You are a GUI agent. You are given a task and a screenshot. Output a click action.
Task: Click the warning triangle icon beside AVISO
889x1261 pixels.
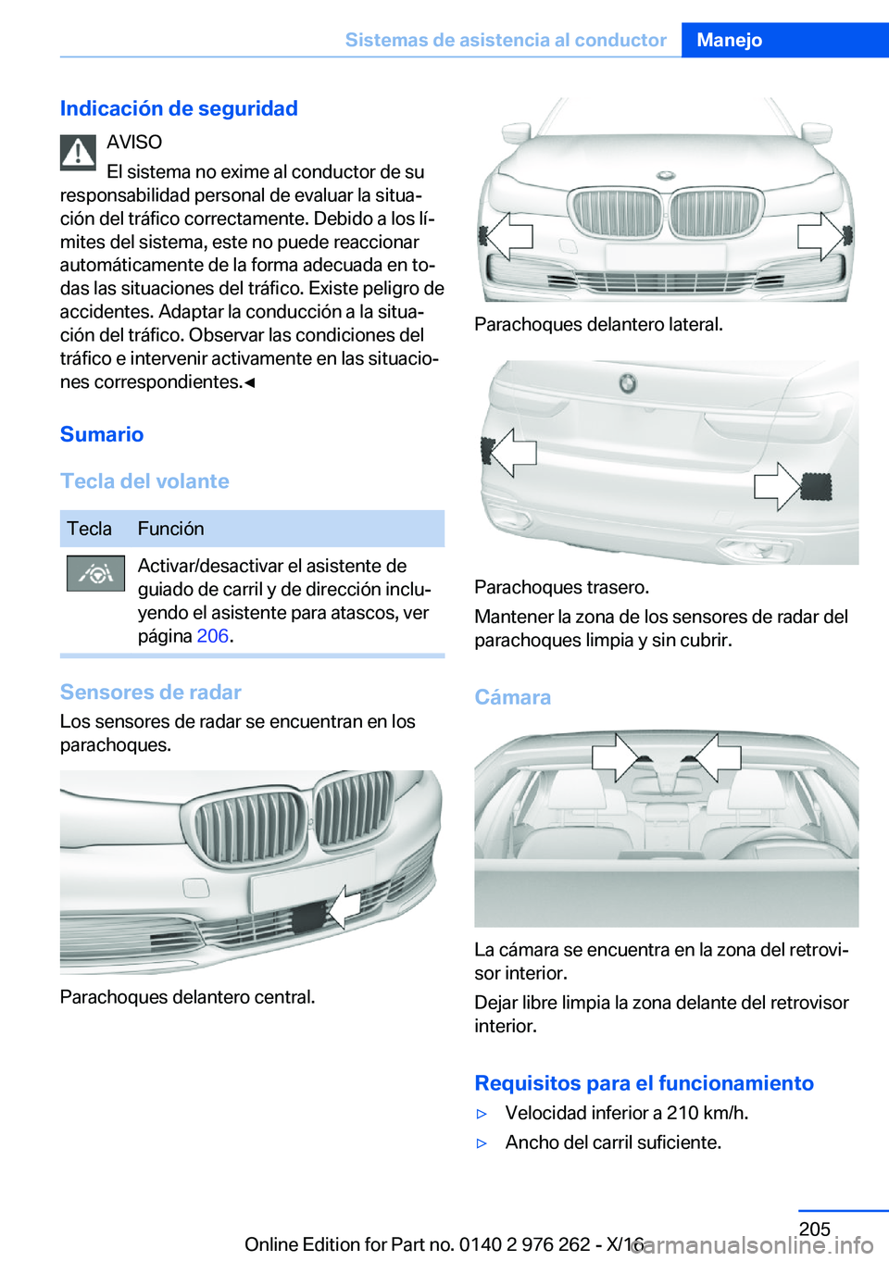point(79,153)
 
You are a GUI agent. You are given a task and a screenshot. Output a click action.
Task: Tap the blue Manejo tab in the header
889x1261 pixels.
point(730,40)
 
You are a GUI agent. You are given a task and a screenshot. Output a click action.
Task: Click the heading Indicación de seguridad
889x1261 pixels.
point(179,108)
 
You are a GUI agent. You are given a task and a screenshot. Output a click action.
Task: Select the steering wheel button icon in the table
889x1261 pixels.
point(95,574)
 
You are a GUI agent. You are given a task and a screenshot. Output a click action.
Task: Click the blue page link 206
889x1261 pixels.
point(212,636)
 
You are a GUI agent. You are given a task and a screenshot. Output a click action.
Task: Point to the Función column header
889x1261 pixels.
point(171,529)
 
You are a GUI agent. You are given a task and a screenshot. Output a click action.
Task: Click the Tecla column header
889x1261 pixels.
point(89,529)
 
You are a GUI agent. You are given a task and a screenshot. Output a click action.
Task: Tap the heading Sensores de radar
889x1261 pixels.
point(150,693)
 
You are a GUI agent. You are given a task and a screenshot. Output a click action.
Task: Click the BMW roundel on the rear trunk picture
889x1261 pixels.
point(628,382)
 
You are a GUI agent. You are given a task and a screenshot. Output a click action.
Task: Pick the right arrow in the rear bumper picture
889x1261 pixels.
point(778,486)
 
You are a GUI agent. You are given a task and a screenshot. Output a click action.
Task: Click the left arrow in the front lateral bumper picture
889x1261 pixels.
point(508,236)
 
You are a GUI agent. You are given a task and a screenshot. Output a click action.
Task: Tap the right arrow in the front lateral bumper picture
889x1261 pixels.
point(820,236)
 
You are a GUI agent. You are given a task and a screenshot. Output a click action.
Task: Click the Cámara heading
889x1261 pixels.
point(512,697)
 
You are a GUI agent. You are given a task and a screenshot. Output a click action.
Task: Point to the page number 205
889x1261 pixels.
point(814,1229)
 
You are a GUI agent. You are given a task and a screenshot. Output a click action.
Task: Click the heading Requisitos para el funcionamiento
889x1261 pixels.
point(644,1083)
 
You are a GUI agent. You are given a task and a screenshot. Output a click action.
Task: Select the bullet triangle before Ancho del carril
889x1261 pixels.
point(482,1143)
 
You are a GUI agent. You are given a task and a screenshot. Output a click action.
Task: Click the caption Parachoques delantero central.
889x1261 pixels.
point(187,997)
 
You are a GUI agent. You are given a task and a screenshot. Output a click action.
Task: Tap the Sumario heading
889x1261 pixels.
point(102,434)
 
